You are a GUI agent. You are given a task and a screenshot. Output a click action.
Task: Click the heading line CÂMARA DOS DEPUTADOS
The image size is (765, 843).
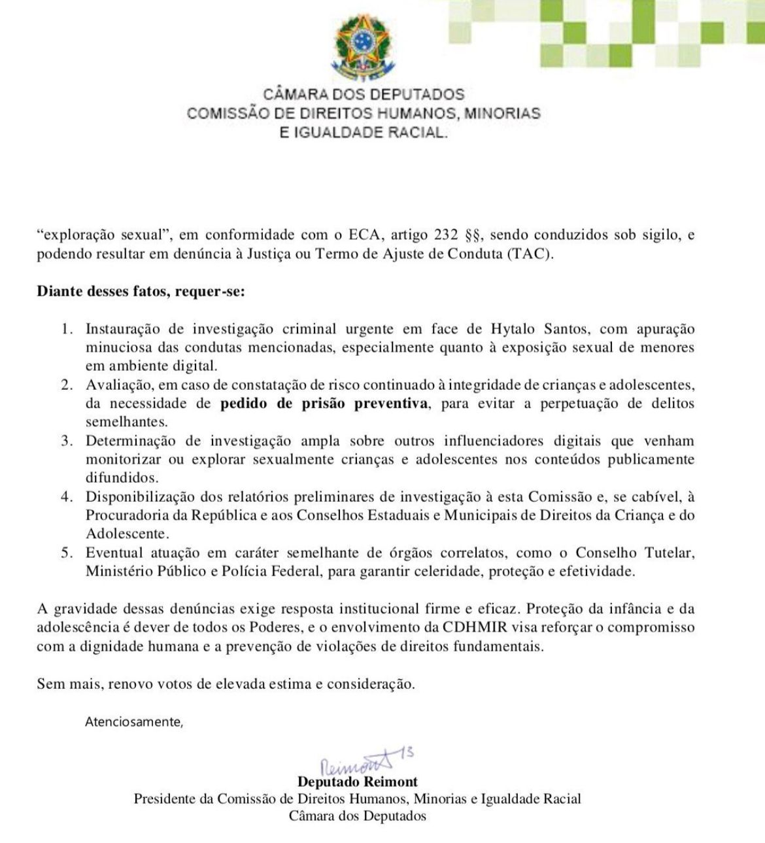point(364,95)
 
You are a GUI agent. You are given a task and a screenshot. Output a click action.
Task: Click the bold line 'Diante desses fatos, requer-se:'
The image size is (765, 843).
point(141,292)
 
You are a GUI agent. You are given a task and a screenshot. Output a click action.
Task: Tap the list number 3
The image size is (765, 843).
point(66,441)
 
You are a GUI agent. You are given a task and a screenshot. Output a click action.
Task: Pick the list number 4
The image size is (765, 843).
point(66,496)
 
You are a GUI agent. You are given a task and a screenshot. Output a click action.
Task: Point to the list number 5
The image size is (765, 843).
point(66,553)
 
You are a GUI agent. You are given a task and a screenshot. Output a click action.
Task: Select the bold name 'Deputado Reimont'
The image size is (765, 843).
point(357,782)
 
